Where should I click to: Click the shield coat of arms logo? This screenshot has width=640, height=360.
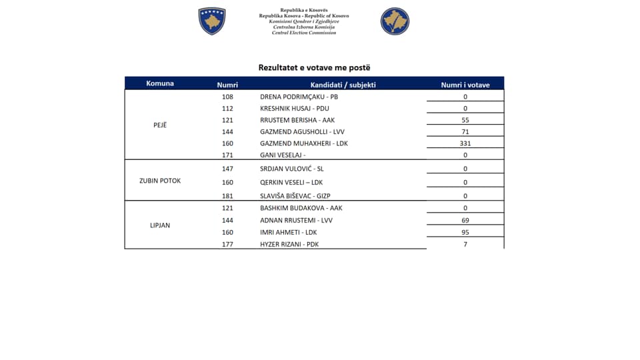click(212, 21)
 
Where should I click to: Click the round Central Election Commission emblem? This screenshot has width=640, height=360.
click(395, 21)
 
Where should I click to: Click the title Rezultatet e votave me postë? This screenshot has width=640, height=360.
click(314, 67)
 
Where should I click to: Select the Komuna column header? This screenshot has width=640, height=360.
click(160, 84)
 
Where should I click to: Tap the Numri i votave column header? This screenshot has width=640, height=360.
click(465, 85)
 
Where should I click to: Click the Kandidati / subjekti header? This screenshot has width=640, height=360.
click(343, 85)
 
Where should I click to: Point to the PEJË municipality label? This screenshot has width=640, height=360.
click(160, 125)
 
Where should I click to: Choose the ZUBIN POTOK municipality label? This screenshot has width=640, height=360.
click(160, 181)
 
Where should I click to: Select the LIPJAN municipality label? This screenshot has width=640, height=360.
click(160, 225)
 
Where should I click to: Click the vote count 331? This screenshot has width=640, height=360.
click(465, 143)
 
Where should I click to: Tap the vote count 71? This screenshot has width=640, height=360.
click(465, 132)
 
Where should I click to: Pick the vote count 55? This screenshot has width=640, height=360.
click(465, 120)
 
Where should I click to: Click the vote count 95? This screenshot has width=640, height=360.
click(465, 232)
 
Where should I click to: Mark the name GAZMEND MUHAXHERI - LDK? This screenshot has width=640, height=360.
click(304, 143)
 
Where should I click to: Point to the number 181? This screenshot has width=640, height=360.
click(227, 196)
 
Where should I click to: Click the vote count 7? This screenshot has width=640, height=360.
click(465, 244)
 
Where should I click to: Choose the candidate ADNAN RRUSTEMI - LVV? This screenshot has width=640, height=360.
click(296, 220)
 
